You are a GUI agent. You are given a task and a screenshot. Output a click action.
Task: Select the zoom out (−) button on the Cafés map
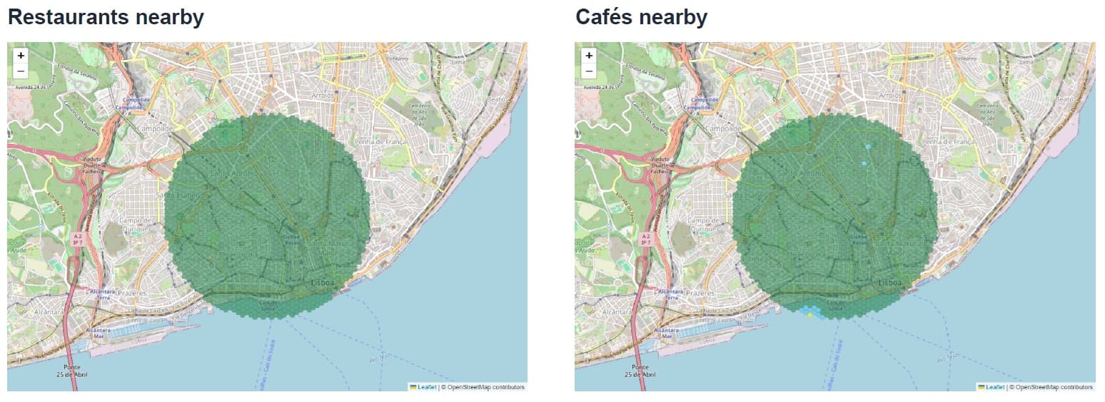588,71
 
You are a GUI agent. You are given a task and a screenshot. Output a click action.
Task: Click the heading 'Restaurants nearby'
106,17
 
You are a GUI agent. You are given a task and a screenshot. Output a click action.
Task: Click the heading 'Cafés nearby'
641,17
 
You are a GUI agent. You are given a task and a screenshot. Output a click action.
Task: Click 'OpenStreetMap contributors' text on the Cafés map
1055,387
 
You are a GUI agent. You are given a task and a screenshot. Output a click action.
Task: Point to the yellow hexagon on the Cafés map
810,314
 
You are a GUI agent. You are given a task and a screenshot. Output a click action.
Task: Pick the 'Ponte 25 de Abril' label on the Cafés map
640,370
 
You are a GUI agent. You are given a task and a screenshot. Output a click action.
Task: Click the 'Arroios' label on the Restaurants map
328,95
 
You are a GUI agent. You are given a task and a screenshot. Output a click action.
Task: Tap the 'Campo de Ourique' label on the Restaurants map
138,225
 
